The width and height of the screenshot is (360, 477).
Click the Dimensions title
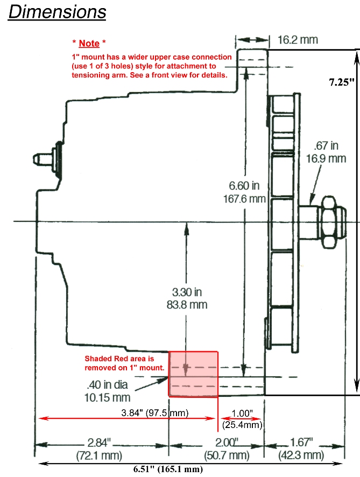[x=57, y=12]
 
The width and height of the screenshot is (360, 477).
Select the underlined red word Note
[x=89, y=43]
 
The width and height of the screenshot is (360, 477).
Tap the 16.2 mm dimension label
[x=298, y=40]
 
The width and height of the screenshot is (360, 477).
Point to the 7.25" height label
[x=342, y=82]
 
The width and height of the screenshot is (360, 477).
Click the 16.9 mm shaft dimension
[x=326, y=158]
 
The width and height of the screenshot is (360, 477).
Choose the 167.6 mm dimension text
[x=244, y=199]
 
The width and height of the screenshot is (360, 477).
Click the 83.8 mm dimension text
[x=187, y=305]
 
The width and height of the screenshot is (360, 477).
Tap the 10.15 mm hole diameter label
[x=107, y=398]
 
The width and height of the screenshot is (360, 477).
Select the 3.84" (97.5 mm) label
[x=155, y=413]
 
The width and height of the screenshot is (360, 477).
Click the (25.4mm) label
[x=242, y=425]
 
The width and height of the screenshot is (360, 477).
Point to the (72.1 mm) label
[x=99, y=455]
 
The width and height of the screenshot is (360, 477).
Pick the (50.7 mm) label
[x=227, y=455]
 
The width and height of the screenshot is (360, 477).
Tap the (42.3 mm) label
[x=301, y=455]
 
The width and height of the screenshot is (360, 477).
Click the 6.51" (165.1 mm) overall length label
[x=168, y=469]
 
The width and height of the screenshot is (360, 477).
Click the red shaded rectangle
[x=193, y=374]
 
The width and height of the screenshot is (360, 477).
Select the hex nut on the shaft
[x=329, y=222]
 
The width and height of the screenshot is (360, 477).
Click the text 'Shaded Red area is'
[x=119, y=359]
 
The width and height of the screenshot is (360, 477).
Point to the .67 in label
[x=326, y=146]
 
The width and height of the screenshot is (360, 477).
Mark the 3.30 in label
[x=187, y=292]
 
